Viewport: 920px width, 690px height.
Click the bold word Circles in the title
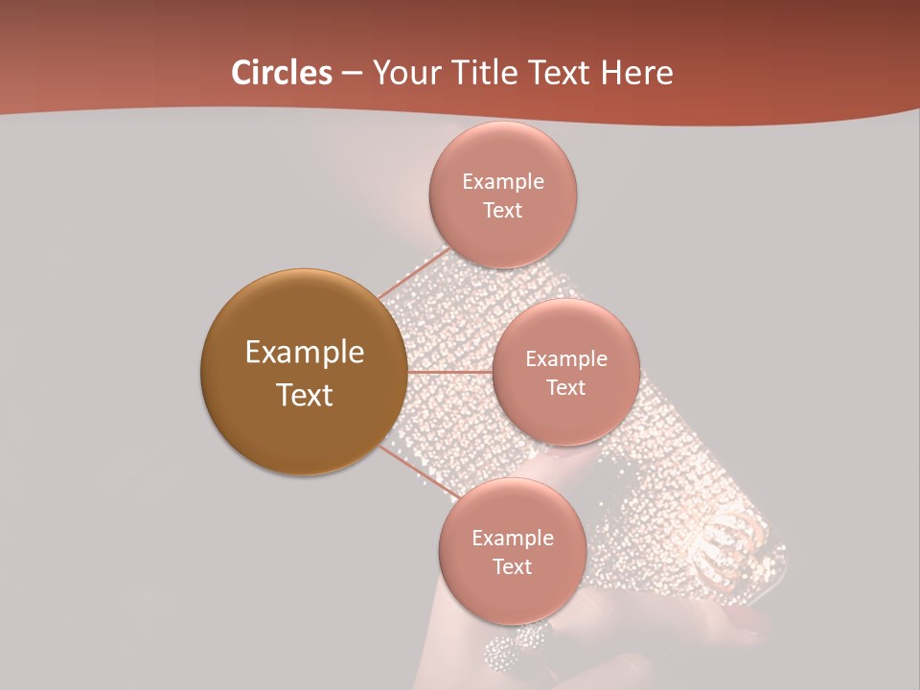pos(281,73)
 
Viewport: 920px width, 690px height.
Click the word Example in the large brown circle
pos(304,353)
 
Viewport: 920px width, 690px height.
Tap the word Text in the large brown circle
pos(304,395)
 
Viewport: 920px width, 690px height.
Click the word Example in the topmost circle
pos(502,182)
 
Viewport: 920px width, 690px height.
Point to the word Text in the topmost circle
pos(502,211)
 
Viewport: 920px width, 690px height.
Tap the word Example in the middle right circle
pos(565,359)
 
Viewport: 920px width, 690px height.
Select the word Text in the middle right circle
pos(565,388)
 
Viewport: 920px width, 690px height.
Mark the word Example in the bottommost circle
pos(512,539)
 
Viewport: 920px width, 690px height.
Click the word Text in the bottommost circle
pos(512,567)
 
